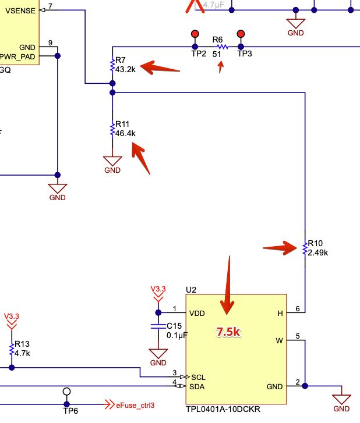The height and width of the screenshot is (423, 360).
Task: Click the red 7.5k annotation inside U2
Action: coord(229,332)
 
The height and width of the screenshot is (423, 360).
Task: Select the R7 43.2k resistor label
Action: coord(125,65)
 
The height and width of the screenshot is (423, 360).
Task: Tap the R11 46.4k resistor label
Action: coord(125,129)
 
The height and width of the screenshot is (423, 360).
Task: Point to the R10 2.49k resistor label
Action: coord(317,248)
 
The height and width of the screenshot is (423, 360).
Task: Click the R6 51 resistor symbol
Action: coord(221,47)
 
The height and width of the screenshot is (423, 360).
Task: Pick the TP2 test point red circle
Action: coord(195,34)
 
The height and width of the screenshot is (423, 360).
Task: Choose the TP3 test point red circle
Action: coord(241,34)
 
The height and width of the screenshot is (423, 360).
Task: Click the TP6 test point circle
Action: coord(67,391)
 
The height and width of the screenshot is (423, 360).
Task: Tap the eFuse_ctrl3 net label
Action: coord(135,405)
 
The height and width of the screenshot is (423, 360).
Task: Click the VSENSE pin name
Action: coord(19,10)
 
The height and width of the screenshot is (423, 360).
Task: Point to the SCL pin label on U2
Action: coord(198,377)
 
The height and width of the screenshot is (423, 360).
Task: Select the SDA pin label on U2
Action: coord(198,386)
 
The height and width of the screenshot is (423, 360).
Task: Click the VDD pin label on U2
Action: coord(197,313)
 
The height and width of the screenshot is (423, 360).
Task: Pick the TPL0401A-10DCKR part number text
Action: coord(223,409)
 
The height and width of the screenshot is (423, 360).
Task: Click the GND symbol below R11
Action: coord(112,162)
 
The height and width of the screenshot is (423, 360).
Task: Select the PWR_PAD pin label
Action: coord(19,56)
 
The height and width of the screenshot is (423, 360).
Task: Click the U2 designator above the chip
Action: coord(191,289)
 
